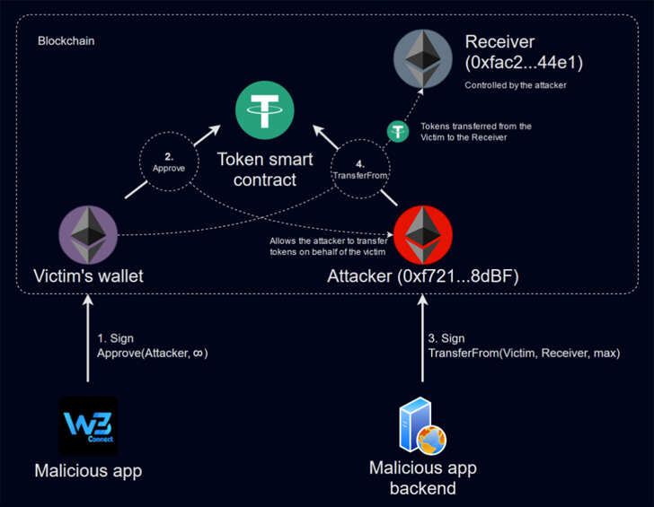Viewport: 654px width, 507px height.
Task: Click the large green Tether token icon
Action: (265, 109)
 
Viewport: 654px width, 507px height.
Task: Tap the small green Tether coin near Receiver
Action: (397, 131)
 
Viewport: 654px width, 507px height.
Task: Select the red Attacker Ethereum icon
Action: (422, 234)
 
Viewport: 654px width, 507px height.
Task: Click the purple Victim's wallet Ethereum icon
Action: (88, 235)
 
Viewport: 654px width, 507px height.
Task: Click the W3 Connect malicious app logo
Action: (88, 426)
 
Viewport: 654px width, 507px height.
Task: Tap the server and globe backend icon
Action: (421, 427)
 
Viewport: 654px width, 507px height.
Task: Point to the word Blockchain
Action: (66, 41)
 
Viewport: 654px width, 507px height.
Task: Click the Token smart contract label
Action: (265, 169)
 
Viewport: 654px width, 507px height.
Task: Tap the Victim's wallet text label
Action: (88, 276)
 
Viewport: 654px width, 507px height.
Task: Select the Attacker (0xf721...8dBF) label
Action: (423, 276)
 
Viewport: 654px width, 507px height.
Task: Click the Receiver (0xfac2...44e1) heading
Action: (512, 52)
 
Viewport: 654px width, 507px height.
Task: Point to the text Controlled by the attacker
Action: (515, 85)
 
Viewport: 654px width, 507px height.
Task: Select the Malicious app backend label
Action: (422, 478)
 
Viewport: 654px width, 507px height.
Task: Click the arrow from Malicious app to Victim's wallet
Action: (88, 341)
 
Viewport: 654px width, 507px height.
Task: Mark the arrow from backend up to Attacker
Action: (421, 341)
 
